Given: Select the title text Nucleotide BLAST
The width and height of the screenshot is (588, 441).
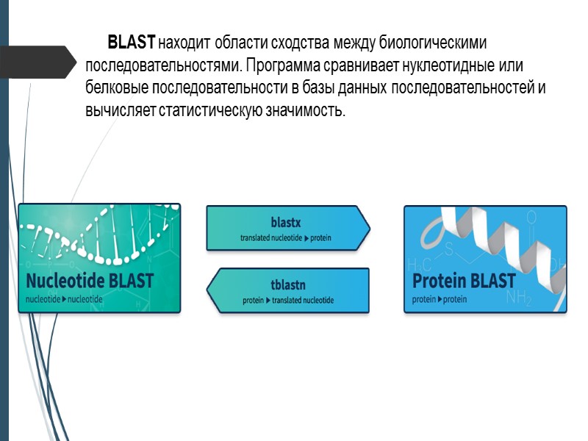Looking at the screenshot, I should click(x=90, y=281).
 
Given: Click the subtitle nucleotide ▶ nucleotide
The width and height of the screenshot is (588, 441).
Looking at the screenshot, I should click(x=64, y=300).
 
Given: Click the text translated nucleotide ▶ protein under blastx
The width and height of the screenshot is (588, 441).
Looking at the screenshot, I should click(x=287, y=237).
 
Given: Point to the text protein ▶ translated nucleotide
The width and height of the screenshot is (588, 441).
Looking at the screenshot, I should click(x=288, y=301).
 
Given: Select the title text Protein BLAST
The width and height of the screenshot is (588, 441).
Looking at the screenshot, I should click(x=464, y=281).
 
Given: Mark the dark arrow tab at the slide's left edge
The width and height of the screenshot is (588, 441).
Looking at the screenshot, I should click(x=37, y=62).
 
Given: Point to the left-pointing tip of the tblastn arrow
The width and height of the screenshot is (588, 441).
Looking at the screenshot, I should click(x=211, y=290).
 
